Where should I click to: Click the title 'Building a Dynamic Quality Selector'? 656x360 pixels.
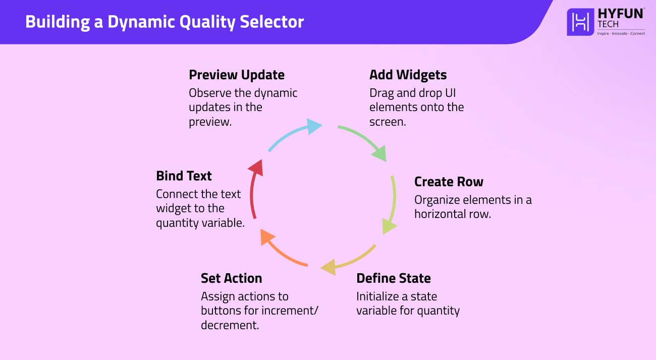pos(165,22)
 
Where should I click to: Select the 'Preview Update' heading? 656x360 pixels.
pos(237,75)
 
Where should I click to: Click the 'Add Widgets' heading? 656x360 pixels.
pos(408,75)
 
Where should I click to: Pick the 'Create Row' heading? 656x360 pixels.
pos(449,182)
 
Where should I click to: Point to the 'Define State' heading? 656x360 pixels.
pos(393,278)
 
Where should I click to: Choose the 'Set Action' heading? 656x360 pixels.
pos(231,278)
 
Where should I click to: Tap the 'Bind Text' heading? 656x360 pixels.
pos(184,176)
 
